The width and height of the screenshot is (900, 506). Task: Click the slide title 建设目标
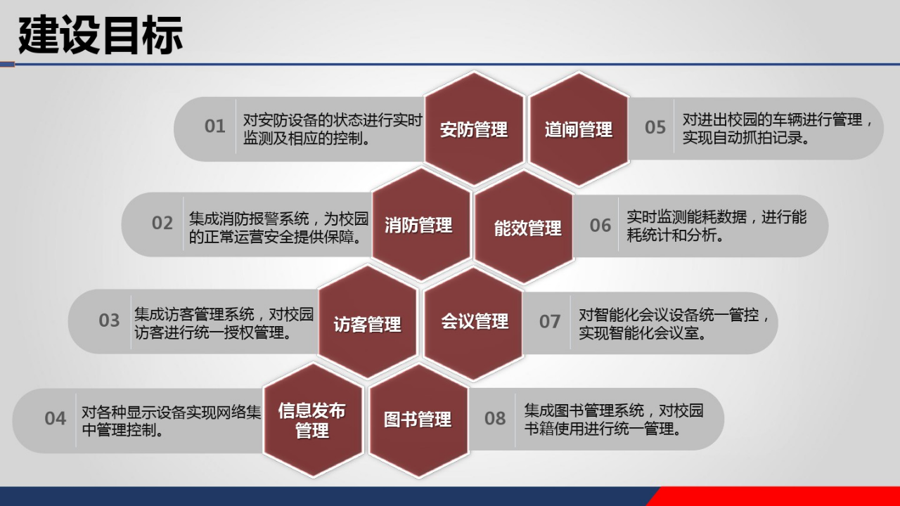(x=101, y=35)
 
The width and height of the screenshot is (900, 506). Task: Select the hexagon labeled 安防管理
(x=474, y=129)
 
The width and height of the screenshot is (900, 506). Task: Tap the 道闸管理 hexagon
(x=579, y=129)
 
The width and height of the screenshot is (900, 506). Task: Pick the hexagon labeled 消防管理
(x=419, y=225)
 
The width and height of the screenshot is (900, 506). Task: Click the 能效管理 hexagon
(x=527, y=227)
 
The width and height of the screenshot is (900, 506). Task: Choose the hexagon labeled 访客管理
(x=367, y=323)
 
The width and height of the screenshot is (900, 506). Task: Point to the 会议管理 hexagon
(x=475, y=322)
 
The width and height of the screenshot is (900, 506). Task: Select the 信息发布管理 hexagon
(x=312, y=420)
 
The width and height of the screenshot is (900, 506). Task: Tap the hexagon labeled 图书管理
(x=418, y=420)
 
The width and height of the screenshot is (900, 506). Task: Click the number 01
(x=214, y=126)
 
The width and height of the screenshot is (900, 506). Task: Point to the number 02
(x=162, y=223)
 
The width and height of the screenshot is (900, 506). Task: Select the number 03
(x=109, y=320)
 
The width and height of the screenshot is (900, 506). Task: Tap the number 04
(x=55, y=418)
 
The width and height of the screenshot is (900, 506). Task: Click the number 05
(x=655, y=127)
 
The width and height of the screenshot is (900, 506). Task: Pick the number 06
(x=600, y=225)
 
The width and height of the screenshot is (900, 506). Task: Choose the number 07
(x=549, y=322)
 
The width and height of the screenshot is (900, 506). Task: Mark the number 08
(x=494, y=418)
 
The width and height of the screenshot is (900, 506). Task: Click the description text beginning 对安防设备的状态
(x=332, y=129)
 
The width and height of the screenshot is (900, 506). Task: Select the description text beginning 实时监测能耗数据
(x=716, y=226)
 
